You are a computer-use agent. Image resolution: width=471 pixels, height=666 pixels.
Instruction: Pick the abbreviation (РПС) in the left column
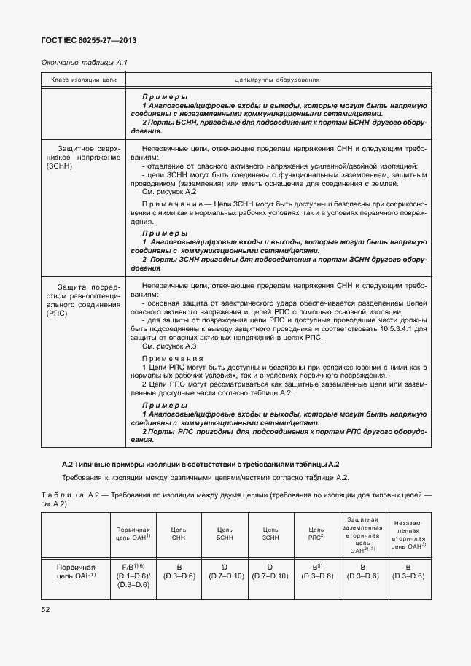pyautogui.click(x=58, y=314)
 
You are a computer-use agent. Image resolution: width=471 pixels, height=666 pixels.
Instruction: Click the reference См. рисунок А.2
pyautogui.click(x=170, y=191)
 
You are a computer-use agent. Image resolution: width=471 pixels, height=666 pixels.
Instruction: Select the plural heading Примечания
pyautogui.click(x=172, y=359)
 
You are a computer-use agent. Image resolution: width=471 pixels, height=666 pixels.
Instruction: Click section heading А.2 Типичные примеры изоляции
pyautogui.click(x=201, y=464)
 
